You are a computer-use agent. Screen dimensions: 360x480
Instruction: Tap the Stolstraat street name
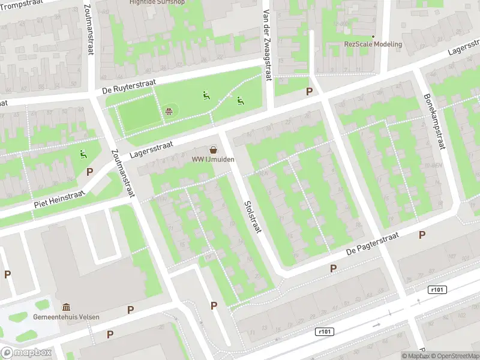tap(252, 217)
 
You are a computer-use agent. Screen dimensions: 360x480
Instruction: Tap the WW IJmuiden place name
tap(213, 160)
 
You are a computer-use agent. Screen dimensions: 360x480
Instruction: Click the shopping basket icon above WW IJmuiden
tap(213, 149)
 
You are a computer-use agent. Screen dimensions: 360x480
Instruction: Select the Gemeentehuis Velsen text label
tap(67, 317)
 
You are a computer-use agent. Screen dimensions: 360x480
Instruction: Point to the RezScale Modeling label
tap(373, 44)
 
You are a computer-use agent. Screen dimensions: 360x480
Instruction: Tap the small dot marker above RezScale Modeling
tap(373, 36)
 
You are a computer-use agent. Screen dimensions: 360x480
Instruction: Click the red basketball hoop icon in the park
tap(170, 110)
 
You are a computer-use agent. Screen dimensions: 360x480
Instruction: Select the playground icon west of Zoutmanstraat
tap(83, 154)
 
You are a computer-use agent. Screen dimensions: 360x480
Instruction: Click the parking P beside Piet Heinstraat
tap(89, 172)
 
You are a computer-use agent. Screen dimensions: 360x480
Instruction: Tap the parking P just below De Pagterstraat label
tap(333, 268)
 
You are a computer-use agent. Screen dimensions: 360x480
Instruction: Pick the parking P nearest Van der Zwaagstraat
tap(309, 91)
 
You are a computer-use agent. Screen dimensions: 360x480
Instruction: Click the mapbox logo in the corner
tap(26, 353)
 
